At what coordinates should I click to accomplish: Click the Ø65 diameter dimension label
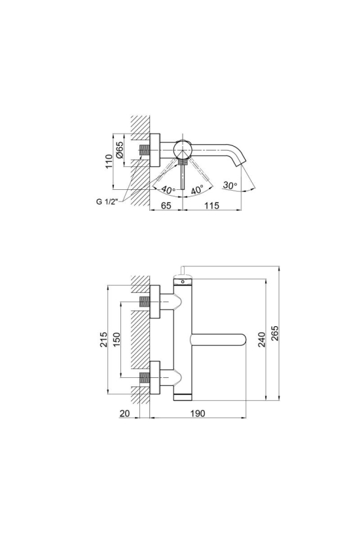[x=119, y=150]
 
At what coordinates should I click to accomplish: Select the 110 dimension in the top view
[x=109, y=161]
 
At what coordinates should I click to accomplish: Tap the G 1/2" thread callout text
[x=107, y=202]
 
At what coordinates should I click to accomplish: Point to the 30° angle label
[x=230, y=185]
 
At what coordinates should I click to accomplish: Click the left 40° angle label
[x=168, y=189]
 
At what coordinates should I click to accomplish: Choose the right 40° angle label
[x=197, y=190]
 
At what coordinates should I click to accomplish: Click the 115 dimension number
[x=212, y=206]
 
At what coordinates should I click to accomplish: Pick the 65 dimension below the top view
[x=166, y=206]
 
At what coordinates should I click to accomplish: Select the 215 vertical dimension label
[x=103, y=339]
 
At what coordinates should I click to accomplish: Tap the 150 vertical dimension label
[x=117, y=339]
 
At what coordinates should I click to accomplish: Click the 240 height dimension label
[x=262, y=339]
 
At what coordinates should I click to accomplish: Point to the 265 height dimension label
[x=275, y=333]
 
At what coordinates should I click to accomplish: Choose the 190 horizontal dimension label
[x=198, y=413]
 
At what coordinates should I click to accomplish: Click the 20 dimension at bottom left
[x=125, y=413]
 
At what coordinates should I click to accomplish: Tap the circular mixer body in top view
[x=183, y=150]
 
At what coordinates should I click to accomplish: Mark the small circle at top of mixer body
[x=183, y=282]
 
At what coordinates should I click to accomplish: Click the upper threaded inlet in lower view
[x=145, y=302]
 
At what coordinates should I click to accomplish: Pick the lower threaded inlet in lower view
[x=145, y=377]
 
